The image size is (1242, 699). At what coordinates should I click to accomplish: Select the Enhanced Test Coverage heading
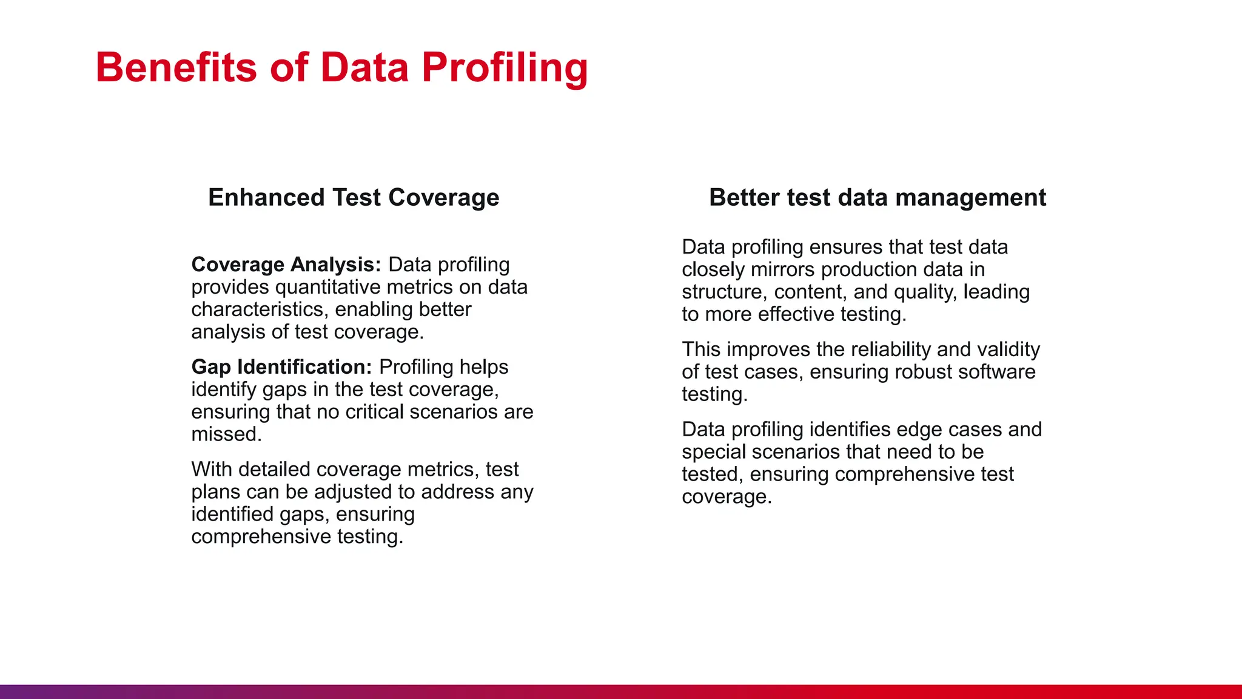click(354, 198)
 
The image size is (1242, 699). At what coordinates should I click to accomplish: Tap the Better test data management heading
click(878, 198)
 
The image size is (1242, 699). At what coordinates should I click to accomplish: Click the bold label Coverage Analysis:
click(286, 265)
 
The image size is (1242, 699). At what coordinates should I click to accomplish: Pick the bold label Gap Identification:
click(281, 367)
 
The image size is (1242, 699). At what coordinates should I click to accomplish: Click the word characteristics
click(260, 309)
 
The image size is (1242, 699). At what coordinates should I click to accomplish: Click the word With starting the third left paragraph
click(212, 470)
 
